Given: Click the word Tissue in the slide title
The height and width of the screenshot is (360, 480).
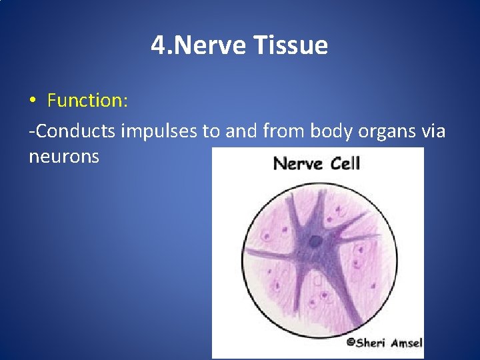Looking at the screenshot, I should [291, 46].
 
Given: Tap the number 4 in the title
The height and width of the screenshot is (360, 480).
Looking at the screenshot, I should [157, 46].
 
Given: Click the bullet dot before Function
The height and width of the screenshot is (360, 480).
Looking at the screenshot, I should [33, 101].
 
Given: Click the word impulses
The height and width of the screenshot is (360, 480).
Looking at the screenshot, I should [160, 131].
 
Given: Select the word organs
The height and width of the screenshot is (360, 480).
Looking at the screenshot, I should [385, 133].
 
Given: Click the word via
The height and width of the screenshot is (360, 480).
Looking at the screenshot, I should [434, 131].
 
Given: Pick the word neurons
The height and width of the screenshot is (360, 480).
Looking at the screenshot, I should [64, 157].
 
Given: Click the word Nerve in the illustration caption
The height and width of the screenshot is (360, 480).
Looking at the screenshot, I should [297, 163].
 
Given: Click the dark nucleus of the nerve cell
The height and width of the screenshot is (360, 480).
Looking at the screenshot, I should [319, 241].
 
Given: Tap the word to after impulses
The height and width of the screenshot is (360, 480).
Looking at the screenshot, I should [211, 131].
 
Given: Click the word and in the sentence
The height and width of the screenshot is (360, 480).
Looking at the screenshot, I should [241, 131].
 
